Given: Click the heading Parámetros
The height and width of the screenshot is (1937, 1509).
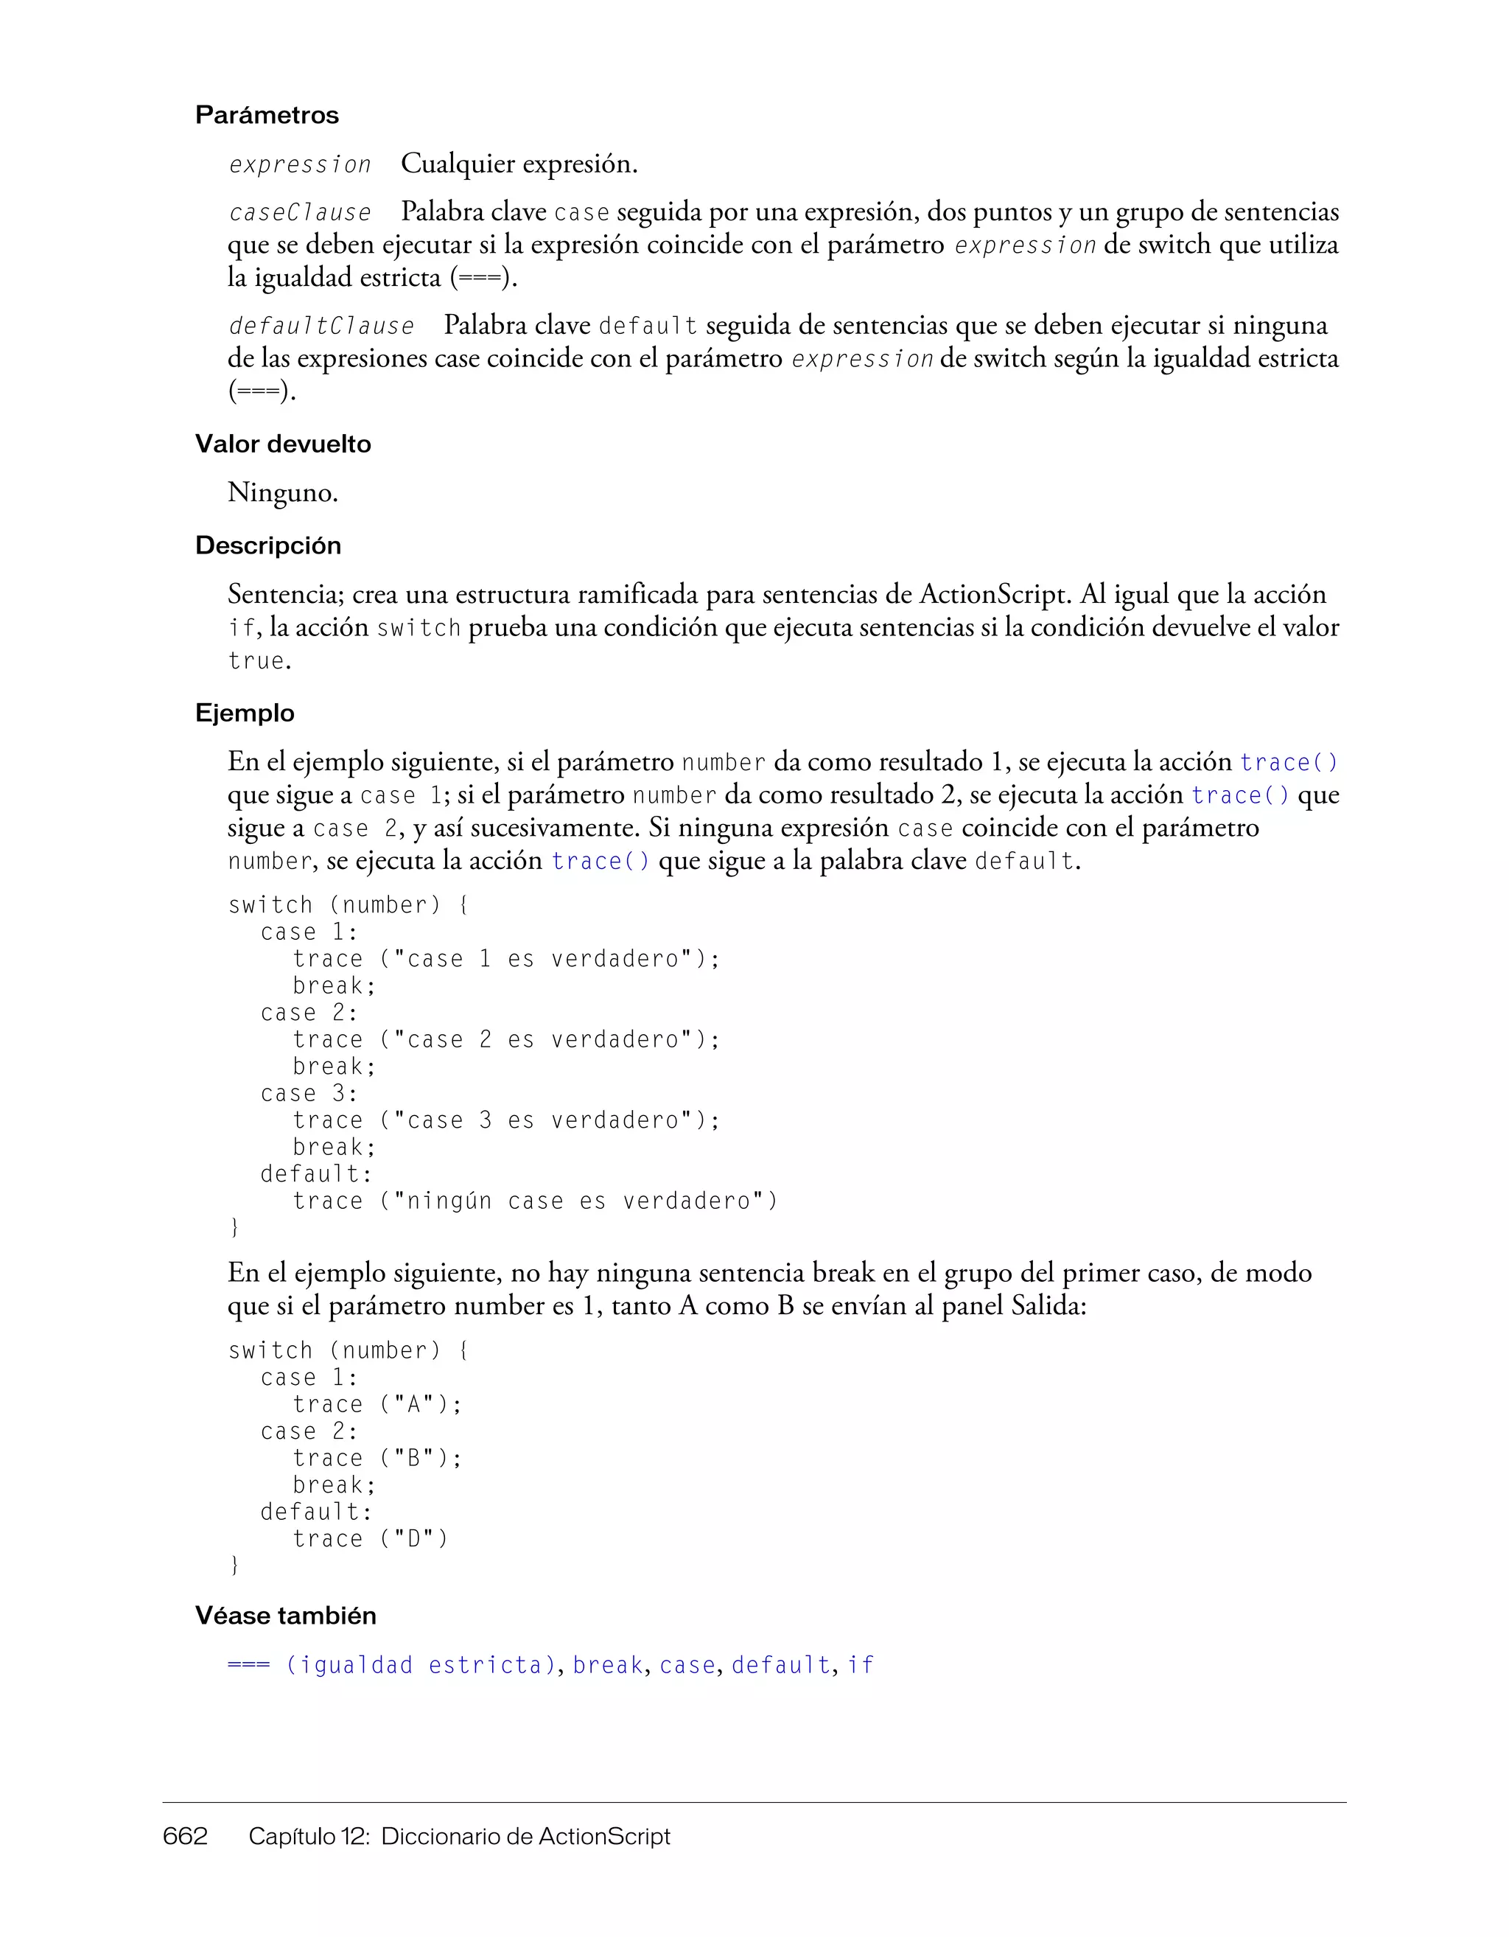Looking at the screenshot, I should (x=267, y=115).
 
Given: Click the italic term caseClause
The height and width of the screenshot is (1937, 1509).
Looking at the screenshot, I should (x=300, y=213).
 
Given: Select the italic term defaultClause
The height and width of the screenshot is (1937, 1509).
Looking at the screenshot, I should (x=321, y=327).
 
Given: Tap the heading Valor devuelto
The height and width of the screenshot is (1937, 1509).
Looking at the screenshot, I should (x=283, y=444).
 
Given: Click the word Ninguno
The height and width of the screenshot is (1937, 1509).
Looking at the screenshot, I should (x=282, y=492).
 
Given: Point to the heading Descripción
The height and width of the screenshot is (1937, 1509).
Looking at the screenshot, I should (x=267, y=545).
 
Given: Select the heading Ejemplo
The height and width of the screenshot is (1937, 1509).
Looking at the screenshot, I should (x=245, y=713).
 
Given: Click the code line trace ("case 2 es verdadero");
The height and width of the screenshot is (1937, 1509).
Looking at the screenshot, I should (x=505, y=1039).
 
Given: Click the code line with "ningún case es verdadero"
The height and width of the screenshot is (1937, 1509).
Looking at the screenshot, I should (x=535, y=1201).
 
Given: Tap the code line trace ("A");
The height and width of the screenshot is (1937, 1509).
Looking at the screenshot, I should (x=377, y=1404).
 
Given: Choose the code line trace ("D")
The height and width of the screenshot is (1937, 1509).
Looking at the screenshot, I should (x=370, y=1539).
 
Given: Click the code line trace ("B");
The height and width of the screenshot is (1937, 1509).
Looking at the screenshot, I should (x=377, y=1458).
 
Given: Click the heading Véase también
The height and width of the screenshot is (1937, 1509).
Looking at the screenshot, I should (x=285, y=1616).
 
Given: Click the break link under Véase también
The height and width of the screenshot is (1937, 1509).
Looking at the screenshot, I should (x=607, y=1666).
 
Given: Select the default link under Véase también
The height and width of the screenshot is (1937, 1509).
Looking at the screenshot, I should (x=780, y=1666).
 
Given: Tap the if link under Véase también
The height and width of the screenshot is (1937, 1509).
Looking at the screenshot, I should (x=860, y=1666).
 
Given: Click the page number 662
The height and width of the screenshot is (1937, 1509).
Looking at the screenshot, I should (x=185, y=1836).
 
